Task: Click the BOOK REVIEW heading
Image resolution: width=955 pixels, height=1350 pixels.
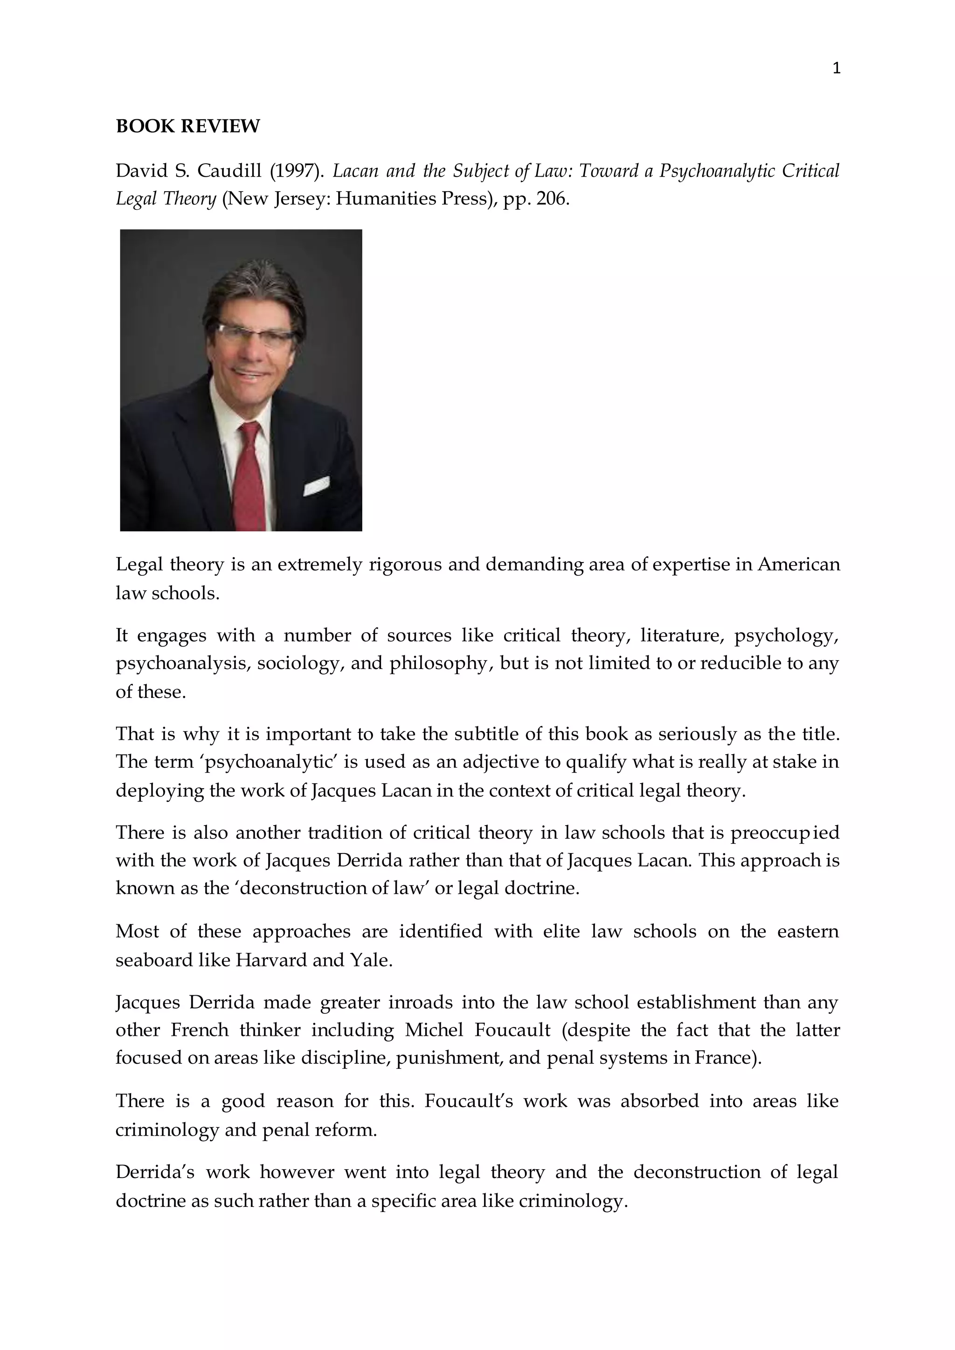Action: pyautogui.click(x=187, y=126)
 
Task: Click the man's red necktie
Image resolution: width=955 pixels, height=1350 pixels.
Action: pyautogui.click(x=249, y=476)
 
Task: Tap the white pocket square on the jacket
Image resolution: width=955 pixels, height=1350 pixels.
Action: pyautogui.click(x=316, y=486)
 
